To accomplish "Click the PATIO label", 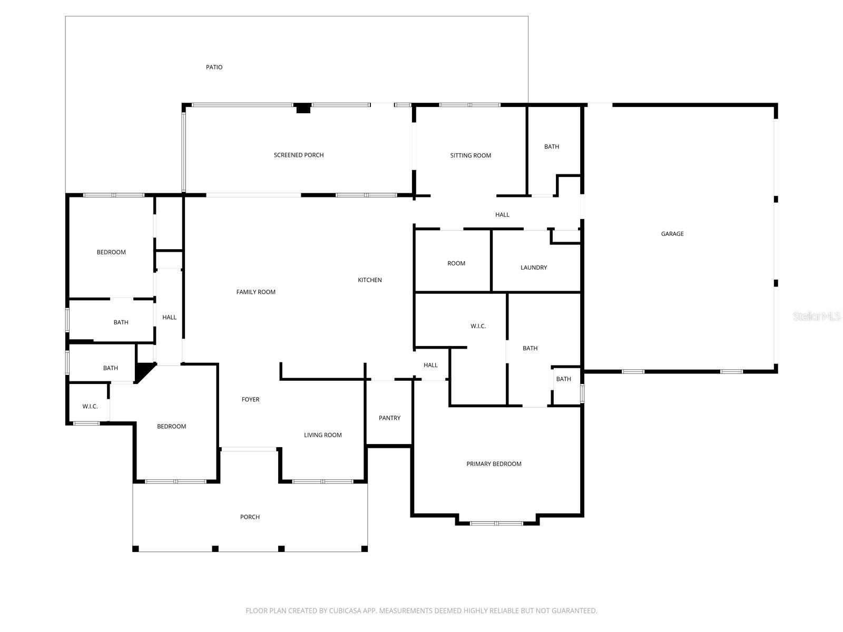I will [x=214, y=67].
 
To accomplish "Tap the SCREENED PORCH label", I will [x=299, y=155].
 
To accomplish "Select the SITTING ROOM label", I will [x=470, y=155].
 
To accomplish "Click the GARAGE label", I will [x=672, y=234].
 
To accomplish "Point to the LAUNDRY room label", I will [x=534, y=268].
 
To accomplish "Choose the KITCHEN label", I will [x=370, y=280].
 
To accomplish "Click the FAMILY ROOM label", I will [x=256, y=292].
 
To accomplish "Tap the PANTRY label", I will [x=389, y=418].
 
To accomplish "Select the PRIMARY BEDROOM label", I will [x=494, y=464].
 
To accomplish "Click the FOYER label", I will [x=250, y=400].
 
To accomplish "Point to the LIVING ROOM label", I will [x=322, y=435].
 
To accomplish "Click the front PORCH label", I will [x=250, y=517].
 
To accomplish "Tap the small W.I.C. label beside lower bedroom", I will [x=90, y=407].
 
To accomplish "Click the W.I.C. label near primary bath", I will [x=478, y=327].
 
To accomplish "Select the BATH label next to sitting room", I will [x=552, y=147].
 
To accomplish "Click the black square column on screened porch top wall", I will [x=303, y=108].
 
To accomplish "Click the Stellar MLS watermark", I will [x=817, y=316].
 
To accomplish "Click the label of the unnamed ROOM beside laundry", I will [x=456, y=263].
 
